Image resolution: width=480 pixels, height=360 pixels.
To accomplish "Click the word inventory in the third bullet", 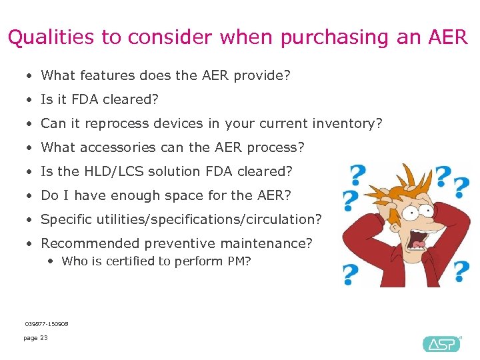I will click(353, 123).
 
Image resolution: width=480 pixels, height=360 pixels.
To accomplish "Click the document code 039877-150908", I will click(47, 324).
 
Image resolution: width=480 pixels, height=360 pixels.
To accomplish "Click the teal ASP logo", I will click(441, 344).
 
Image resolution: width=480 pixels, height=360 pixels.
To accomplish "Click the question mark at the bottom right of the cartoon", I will click(461, 271).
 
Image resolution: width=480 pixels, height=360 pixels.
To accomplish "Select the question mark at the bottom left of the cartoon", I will click(350, 273).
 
